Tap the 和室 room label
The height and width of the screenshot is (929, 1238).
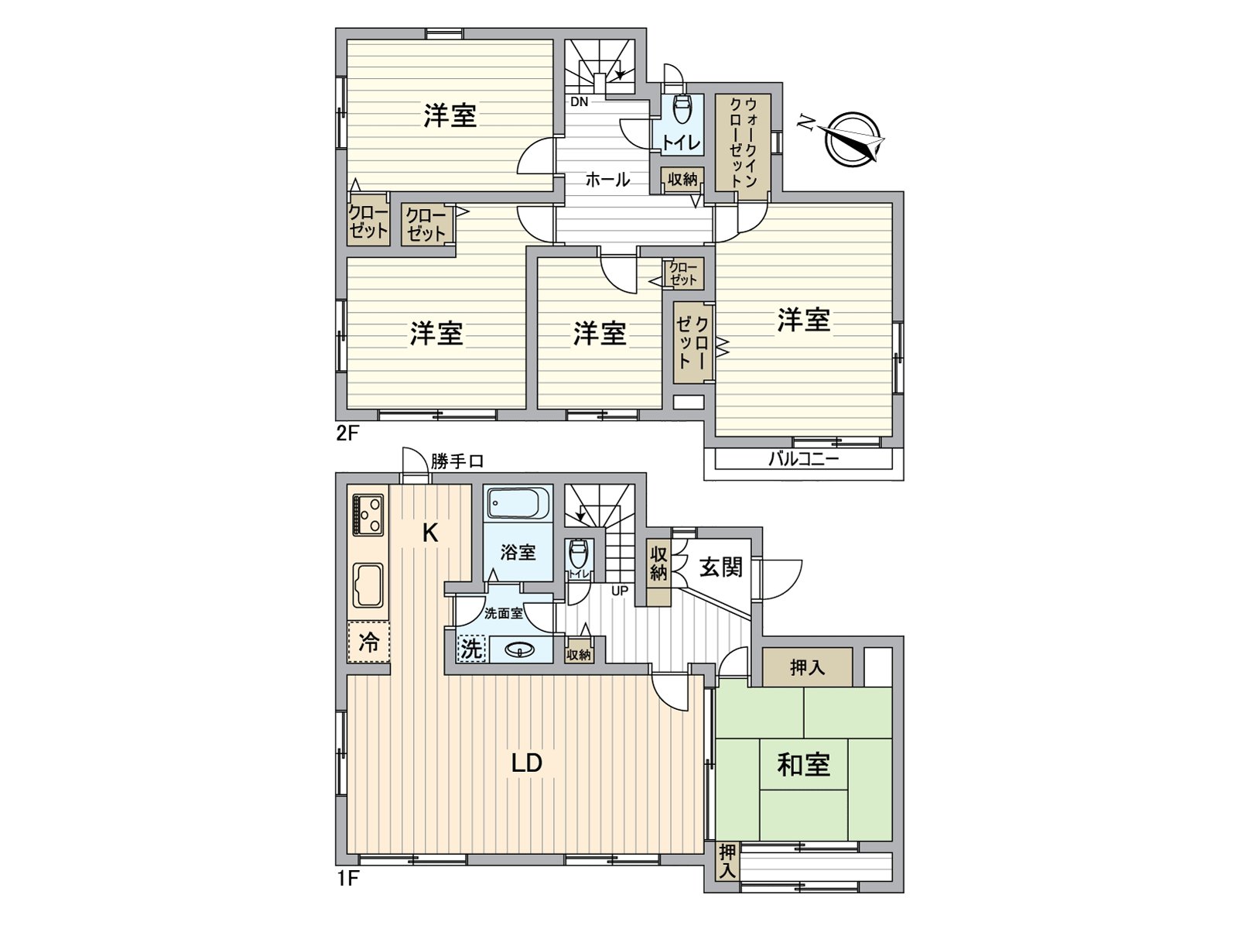click(803, 766)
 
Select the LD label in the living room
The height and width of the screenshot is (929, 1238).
click(527, 763)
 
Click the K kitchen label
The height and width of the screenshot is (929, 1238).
click(430, 533)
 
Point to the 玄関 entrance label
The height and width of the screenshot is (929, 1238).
click(721, 567)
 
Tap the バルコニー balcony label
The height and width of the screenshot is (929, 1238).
click(803, 458)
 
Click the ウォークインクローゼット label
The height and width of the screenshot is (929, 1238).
click(744, 142)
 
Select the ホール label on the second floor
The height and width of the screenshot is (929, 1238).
click(607, 180)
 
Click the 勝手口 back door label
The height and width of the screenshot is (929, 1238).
click(457, 462)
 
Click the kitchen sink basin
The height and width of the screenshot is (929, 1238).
click(368, 585)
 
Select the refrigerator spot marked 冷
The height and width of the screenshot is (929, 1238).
click(368, 642)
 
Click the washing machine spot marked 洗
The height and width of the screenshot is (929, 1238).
click(471, 650)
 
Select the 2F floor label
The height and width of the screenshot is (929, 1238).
click(347, 434)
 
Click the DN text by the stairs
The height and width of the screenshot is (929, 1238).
click(580, 102)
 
